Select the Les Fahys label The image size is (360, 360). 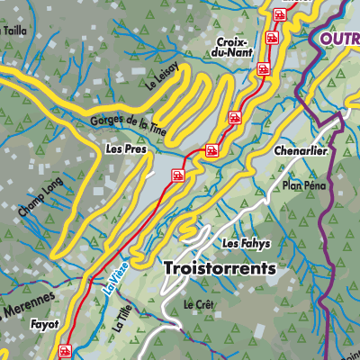coord(246,244)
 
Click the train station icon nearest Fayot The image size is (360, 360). coord(64,351)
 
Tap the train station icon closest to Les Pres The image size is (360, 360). coord(178,175)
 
